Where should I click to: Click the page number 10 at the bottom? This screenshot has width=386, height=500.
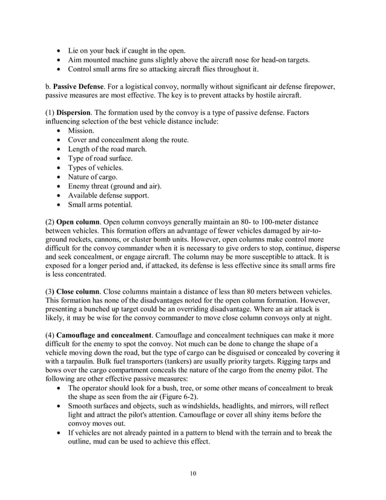click(x=193, y=473)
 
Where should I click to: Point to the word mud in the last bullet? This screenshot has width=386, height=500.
click(x=100, y=442)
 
